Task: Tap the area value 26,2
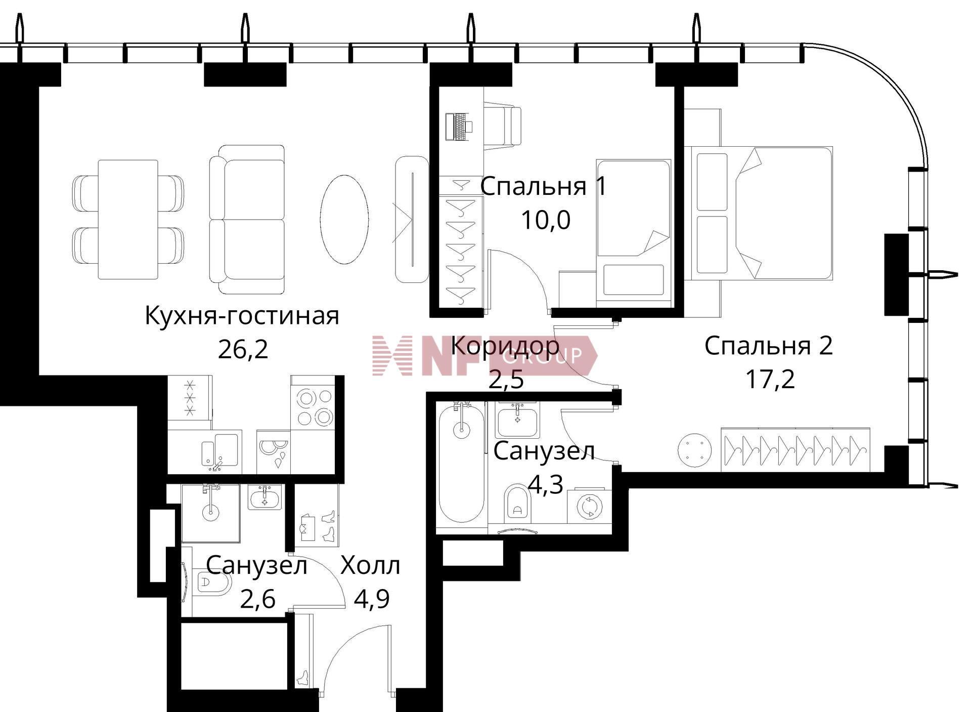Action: pyautogui.click(x=243, y=349)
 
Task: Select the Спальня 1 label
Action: pyautogui.click(x=543, y=187)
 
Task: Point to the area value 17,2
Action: pyautogui.click(x=770, y=380)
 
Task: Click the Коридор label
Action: pyautogui.click(x=505, y=347)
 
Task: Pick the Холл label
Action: pyautogui.click(x=370, y=566)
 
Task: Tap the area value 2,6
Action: pyautogui.click(x=257, y=600)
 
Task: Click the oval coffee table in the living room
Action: pyautogui.click(x=344, y=219)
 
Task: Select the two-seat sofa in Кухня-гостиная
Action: pyautogui.click(x=247, y=219)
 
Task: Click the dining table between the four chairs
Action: pyautogui.click(x=128, y=220)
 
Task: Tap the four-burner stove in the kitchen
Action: pyautogui.click(x=313, y=402)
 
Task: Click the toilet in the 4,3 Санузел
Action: pyautogui.click(x=518, y=503)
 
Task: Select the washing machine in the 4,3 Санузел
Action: pyautogui.click(x=589, y=506)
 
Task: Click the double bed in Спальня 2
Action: pyautogui.click(x=759, y=213)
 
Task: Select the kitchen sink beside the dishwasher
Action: pyautogui.click(x=219, y=450)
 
